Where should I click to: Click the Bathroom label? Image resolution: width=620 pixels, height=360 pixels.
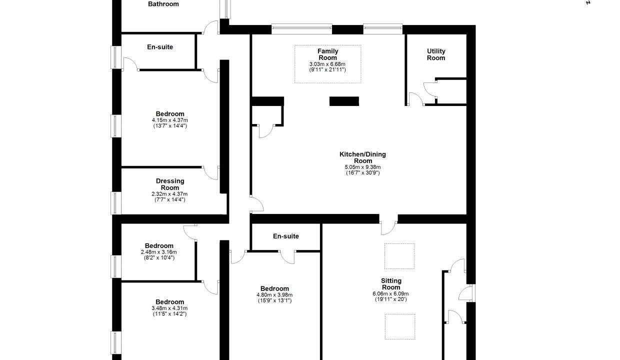click(x=163, y=4)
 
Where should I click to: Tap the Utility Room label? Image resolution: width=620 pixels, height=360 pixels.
click(x=436, y=54)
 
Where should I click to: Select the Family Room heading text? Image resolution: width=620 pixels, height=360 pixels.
click(x=327, y=54)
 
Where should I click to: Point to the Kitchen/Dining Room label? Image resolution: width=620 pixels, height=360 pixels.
click(x=362, y=157)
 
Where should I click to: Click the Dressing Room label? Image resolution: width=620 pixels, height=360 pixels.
click(x=170, y=184)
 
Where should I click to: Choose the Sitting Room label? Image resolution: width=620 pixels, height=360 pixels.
click(x=391, y=284)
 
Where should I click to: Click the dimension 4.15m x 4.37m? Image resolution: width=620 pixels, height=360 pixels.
click(x=169, y=120)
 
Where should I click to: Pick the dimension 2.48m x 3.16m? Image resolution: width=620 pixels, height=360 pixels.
click(x=158, y=252)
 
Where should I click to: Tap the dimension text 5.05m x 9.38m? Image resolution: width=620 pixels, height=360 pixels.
click(x=362, y=167)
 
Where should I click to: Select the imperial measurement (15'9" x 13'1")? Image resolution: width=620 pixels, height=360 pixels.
click(x=274, y=300)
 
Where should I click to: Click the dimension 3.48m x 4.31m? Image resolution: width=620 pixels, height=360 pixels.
click(x=169, y=308)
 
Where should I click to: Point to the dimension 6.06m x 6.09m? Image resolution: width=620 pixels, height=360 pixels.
click(x=390, y=294)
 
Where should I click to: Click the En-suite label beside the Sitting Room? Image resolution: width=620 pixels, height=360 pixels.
click(x=286, y=236)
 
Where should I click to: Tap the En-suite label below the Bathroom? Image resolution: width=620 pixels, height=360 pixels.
click(x=160, y=47)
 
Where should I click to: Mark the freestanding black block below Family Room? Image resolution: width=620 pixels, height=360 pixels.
click(x=344, y=101)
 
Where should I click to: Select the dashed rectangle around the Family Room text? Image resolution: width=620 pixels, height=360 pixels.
click(x=327, y=45)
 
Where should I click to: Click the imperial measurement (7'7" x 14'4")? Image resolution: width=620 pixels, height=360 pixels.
click(x=169, y=200)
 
